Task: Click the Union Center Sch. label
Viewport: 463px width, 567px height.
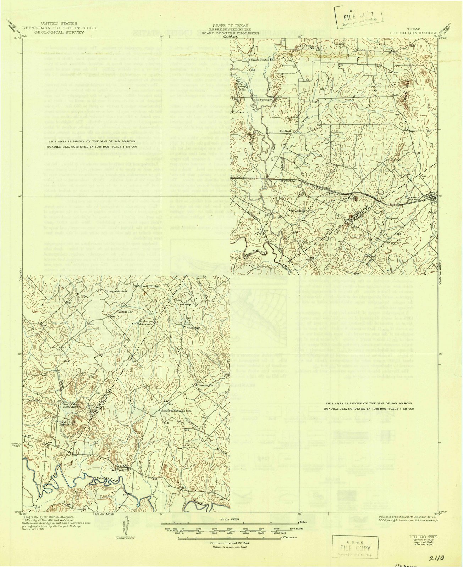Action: (263, 60)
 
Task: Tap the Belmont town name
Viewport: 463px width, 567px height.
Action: (118, 470)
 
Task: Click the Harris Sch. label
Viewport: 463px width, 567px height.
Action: (34, 400)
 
